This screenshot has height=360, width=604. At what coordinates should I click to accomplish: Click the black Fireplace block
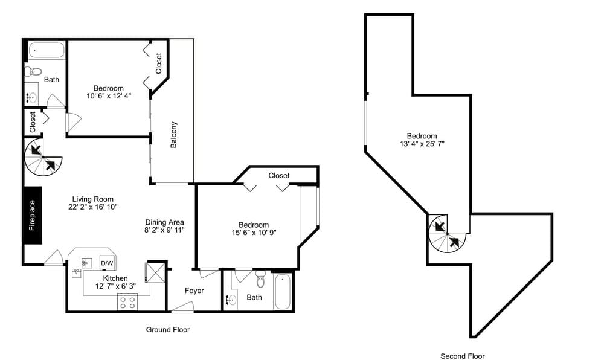(x=33, y=215)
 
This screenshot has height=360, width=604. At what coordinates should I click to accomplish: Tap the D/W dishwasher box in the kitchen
(x=107, y=263)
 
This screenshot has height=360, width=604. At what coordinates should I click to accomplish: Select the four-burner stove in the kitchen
(x=127, y=301)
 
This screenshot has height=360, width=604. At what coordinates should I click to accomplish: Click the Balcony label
(x=174, y=134)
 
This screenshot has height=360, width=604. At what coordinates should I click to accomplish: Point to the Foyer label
(x=194, y=291)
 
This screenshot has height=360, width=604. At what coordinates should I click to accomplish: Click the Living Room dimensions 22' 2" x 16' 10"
(x=93, y=207)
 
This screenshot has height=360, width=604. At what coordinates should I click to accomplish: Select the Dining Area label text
(x=164, y=222)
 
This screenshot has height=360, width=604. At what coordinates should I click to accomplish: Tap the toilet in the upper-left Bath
(x=33, y=71)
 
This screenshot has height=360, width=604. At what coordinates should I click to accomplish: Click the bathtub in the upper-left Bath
(x=47, y=51)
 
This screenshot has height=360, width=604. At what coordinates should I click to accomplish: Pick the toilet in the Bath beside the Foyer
(x=261, y=280)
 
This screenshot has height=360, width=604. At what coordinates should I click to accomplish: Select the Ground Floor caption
(x=167, y=330)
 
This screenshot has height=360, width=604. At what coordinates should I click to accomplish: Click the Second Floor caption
(x=462, y=356)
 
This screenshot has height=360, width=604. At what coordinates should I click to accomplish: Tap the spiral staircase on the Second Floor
(x=447, y=233)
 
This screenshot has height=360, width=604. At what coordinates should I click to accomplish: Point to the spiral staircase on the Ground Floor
(x=43, y=157)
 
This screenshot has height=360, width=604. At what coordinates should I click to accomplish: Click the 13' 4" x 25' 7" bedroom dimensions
(x=422, y=144)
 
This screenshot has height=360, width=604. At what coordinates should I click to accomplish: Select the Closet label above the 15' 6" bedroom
(x=279, y=176)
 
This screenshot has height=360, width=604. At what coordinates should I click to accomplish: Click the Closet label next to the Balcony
(x=159, y=63)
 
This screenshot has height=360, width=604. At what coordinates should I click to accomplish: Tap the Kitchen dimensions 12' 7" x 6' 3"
(x=115, y=286)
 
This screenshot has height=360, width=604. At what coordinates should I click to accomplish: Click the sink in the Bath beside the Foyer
(x=231, y=299)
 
